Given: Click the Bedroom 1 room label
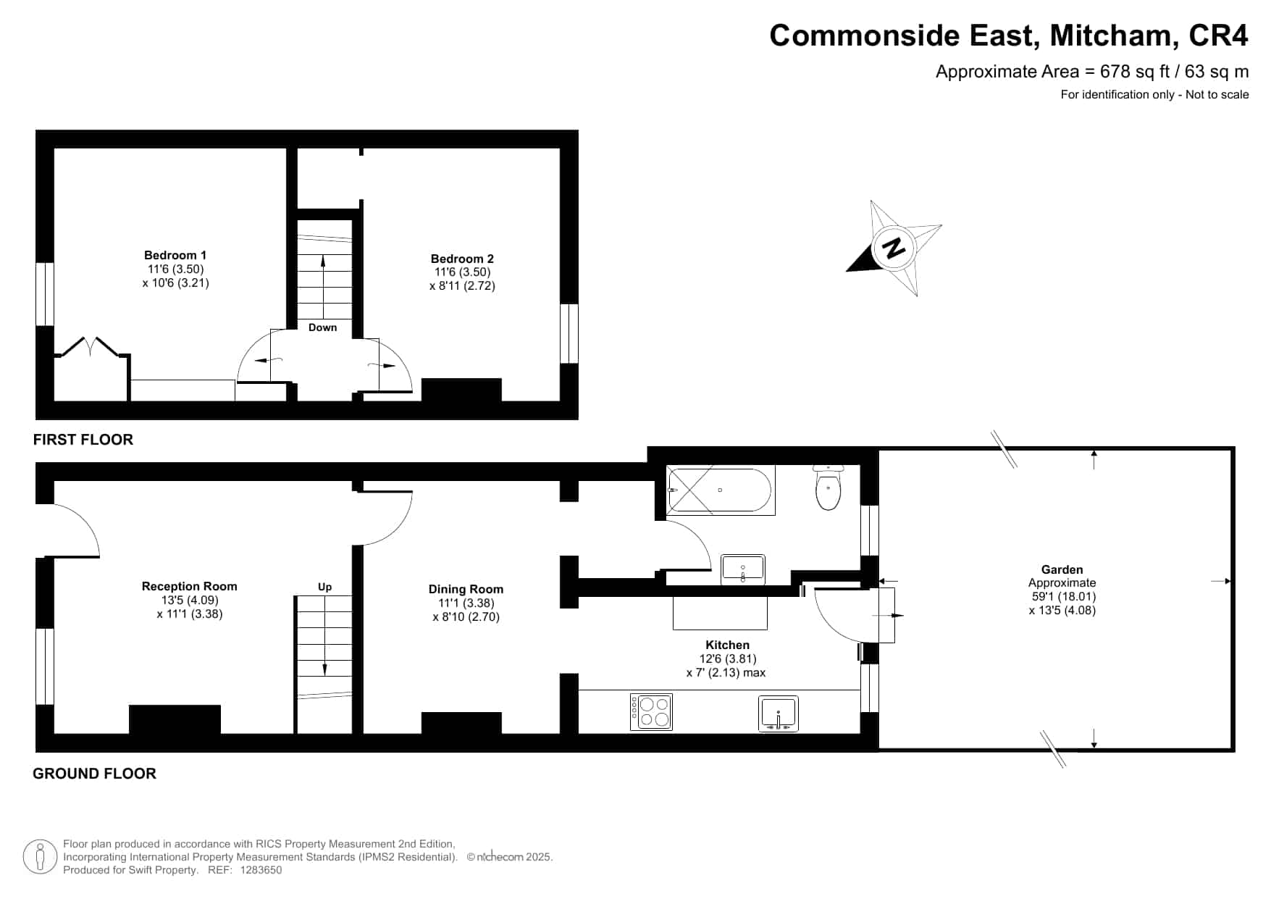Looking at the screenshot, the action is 175,255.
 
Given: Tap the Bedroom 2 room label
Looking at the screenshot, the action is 462,259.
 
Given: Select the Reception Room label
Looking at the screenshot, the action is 190,586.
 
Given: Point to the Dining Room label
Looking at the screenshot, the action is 466,589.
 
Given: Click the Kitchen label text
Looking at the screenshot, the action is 728,645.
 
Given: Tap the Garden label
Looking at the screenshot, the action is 1062,569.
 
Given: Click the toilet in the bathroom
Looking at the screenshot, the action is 829,487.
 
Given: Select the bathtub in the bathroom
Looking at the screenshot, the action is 721,490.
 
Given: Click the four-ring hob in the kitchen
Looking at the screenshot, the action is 652,711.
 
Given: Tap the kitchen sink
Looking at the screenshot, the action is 779,714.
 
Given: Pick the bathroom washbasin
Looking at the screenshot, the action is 743,569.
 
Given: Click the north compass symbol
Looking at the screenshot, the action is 895,248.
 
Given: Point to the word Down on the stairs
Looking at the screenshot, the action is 323,327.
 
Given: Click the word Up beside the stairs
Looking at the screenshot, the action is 324,587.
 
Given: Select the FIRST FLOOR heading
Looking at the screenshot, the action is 83,440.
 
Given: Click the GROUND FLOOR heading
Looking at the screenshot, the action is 95,774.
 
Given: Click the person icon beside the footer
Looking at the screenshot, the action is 40,857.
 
